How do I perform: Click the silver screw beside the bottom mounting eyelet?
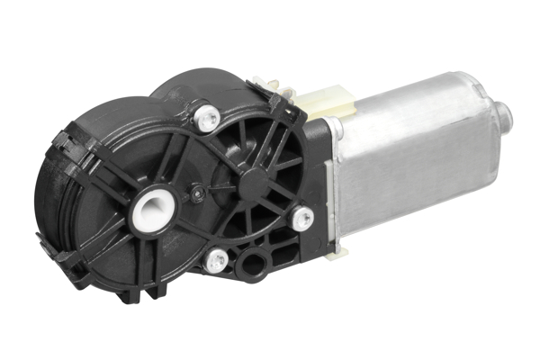(x=215, y=262)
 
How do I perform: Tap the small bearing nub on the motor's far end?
(x=504, y=112)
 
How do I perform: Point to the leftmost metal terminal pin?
(x=260, y=83)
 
